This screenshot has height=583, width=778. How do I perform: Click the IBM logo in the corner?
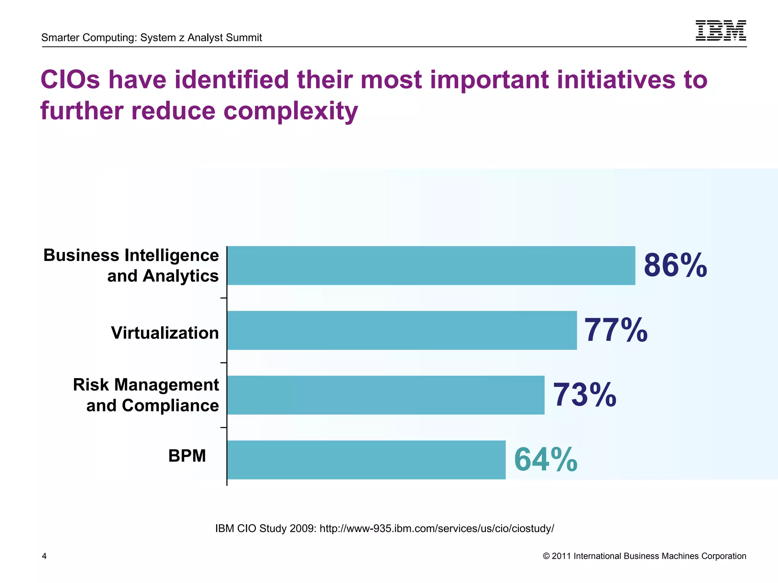point(721,30)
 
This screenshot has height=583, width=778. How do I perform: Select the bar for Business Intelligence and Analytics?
point(431,265)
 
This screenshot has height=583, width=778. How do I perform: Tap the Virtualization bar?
point(402,330)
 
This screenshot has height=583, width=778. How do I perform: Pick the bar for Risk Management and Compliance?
point(386,395)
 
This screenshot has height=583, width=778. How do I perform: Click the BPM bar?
point(366,460)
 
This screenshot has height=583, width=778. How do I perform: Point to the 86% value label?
point(675,265)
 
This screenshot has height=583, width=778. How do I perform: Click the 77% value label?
point(615,330)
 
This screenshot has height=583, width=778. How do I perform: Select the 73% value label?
point(584,395)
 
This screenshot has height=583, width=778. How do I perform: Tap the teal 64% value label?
point(546,460)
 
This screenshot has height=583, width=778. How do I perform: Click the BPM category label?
point(187,455)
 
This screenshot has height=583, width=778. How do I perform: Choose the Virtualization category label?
point(165,333)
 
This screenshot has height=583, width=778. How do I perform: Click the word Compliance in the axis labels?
point(170,405)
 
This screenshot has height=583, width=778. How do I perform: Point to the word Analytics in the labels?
point(180,276)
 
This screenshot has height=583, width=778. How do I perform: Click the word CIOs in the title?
point(70,80)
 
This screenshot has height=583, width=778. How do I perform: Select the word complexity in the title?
point(291,111)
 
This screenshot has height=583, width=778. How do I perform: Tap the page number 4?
point(44,556)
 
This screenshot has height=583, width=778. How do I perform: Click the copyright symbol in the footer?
point(546,556)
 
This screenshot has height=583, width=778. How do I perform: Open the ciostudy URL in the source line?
point(436,528)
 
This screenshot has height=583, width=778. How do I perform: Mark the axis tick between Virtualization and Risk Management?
point(224,363)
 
